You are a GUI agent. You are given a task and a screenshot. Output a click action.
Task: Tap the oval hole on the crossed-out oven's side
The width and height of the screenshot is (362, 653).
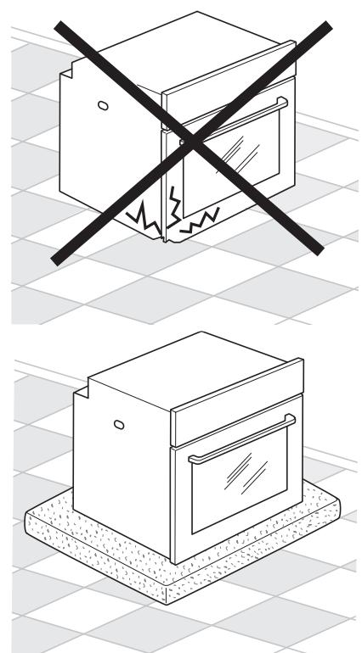click(x=103, y=105)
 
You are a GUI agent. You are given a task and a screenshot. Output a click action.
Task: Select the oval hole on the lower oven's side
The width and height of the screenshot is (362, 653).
click(x=118, y=423)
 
